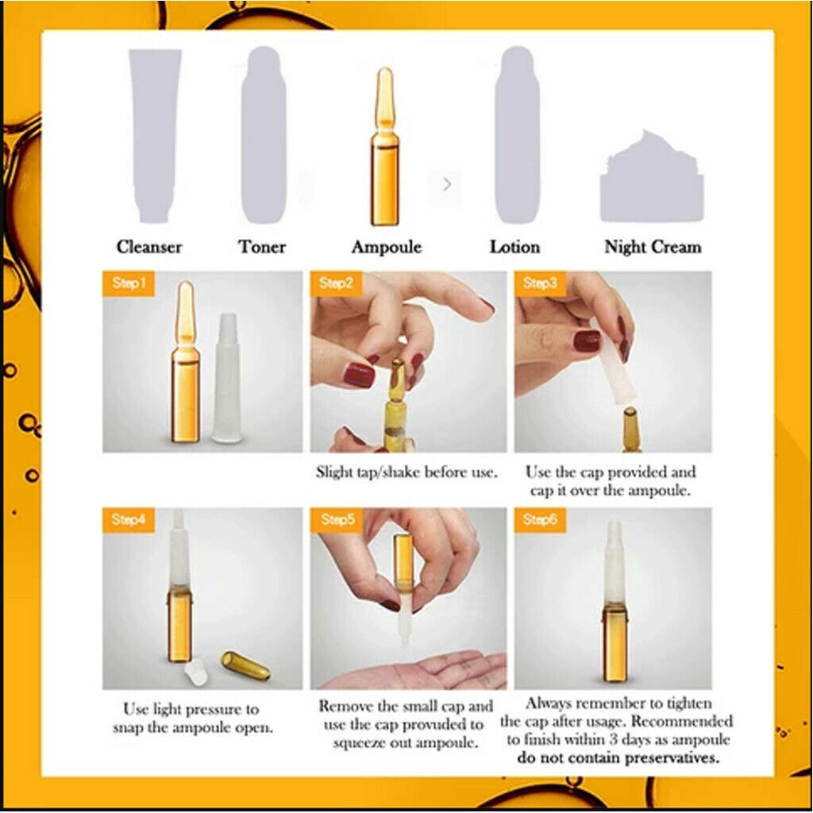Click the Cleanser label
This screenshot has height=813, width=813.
[149, 247]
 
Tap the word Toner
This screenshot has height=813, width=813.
[262, 247]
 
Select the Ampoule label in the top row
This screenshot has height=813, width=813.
[387, 247]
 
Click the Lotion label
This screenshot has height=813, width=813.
[514, 247]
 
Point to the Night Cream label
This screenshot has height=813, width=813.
[653, 247]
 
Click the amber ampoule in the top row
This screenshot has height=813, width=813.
[385, 151]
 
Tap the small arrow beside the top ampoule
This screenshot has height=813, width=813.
[447, 184]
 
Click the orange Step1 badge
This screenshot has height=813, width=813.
[128, 283]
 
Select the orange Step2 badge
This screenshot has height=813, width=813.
[336, 283]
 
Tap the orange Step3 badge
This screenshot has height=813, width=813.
[540, 283]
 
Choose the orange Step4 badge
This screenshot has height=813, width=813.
[128, 520]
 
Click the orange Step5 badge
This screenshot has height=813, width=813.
[336, 520]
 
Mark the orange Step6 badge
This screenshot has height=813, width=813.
[540, 520]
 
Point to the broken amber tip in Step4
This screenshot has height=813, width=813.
[245, 665]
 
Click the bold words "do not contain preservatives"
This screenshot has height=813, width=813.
[618, 757]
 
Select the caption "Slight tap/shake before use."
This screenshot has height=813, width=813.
[406, 472]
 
